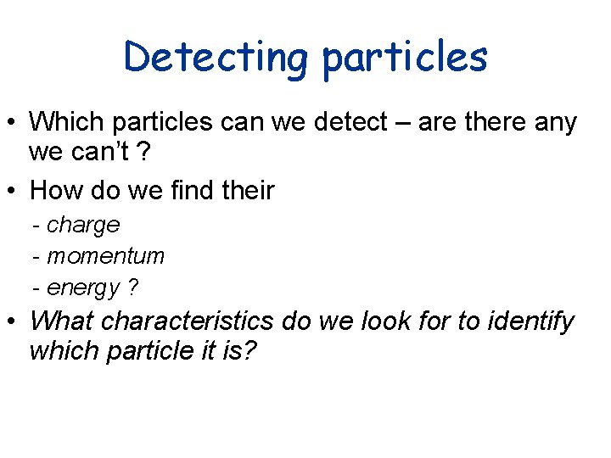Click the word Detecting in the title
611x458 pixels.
click(216, 58)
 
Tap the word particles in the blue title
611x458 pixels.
click(405, 58)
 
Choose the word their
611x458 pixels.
click(245, 190)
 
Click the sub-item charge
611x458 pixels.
click(83, 225)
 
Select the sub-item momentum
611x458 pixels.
click(105, 256)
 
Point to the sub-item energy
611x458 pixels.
click(83, 288)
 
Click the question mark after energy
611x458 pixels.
click(132, 288)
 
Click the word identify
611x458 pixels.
click(525, 321)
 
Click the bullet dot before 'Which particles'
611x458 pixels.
click(12, 123)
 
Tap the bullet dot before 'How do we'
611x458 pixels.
click(12, 192)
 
